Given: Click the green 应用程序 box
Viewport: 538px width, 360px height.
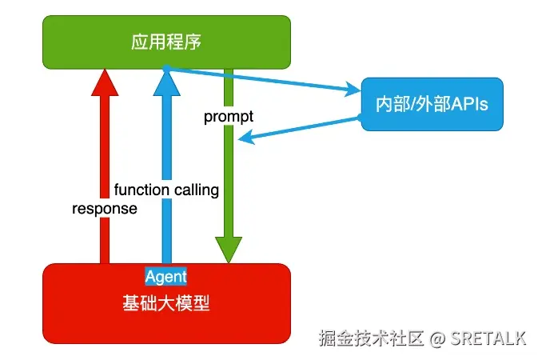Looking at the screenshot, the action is (x=166, y=42).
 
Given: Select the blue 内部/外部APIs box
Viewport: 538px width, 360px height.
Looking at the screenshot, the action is (x=432, y=104).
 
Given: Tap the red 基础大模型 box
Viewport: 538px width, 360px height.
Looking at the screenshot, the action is (x=166, y=304).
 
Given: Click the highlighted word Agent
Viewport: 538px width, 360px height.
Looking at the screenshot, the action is (x=166, y=277).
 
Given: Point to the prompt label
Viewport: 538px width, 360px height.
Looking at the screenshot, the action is (x=229, y=117).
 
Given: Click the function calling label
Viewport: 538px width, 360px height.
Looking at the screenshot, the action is (x=166, y=190).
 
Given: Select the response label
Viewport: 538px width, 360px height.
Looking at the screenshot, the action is (x=105, y=209).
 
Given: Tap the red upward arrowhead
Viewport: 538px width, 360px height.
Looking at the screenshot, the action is (x=105, y=82).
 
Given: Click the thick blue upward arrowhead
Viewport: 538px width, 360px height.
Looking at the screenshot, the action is (x=167, y=82).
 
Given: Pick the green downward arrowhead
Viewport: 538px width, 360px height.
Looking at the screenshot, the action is (x=229, y=250).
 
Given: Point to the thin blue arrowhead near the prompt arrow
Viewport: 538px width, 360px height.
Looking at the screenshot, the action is (x=246, y=137).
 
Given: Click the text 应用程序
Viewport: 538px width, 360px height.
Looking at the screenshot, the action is (x=166, y=42).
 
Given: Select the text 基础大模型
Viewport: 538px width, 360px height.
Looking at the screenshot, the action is (x=166, y=303).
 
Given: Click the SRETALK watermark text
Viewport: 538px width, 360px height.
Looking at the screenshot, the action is (x=488, y=338).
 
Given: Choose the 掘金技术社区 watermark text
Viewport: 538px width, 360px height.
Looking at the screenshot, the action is (x=371, y=338).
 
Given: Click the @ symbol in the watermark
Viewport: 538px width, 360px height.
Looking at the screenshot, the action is (x=437, y=338).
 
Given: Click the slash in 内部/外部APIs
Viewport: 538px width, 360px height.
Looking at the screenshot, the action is (x=412, y=104).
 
